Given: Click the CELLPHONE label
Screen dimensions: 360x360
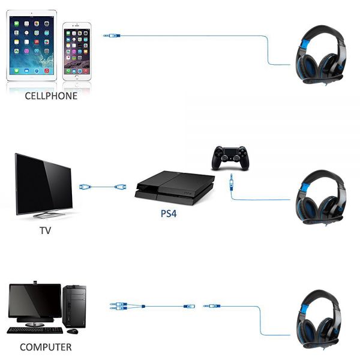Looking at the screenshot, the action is click(x=51, y=96).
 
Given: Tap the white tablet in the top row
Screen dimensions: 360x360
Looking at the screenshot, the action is click(x=32, y=46).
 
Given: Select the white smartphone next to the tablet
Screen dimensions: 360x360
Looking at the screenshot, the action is click(x=77, y=52).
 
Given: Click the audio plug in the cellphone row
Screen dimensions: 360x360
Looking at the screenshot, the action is click(x=112, y=35).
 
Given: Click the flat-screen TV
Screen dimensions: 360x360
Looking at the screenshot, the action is click(x=44, y=185).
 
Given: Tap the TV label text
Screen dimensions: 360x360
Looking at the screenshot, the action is click(x=45, y=230).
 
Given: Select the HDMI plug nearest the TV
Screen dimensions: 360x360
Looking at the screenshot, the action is click(x=85, y=187).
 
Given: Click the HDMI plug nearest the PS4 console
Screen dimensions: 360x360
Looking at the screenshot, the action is click(x=121, y=187).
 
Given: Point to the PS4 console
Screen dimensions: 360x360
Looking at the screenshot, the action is click(x=175, y=188).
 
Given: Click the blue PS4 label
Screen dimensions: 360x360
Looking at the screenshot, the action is click(x=169, y=214).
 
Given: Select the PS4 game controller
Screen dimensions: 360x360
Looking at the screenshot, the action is click(x=230, y=158).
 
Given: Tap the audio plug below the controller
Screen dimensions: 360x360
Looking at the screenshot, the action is click(x=232, y=182).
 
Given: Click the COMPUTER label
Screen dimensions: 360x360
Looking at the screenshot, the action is click(x=46, y=347).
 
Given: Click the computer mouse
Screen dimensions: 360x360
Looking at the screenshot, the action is click(x=73, y=331).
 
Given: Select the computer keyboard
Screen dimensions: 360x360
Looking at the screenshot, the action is click(x=35, y=331).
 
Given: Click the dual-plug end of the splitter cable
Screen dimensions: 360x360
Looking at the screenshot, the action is click(x=118, y=306).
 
